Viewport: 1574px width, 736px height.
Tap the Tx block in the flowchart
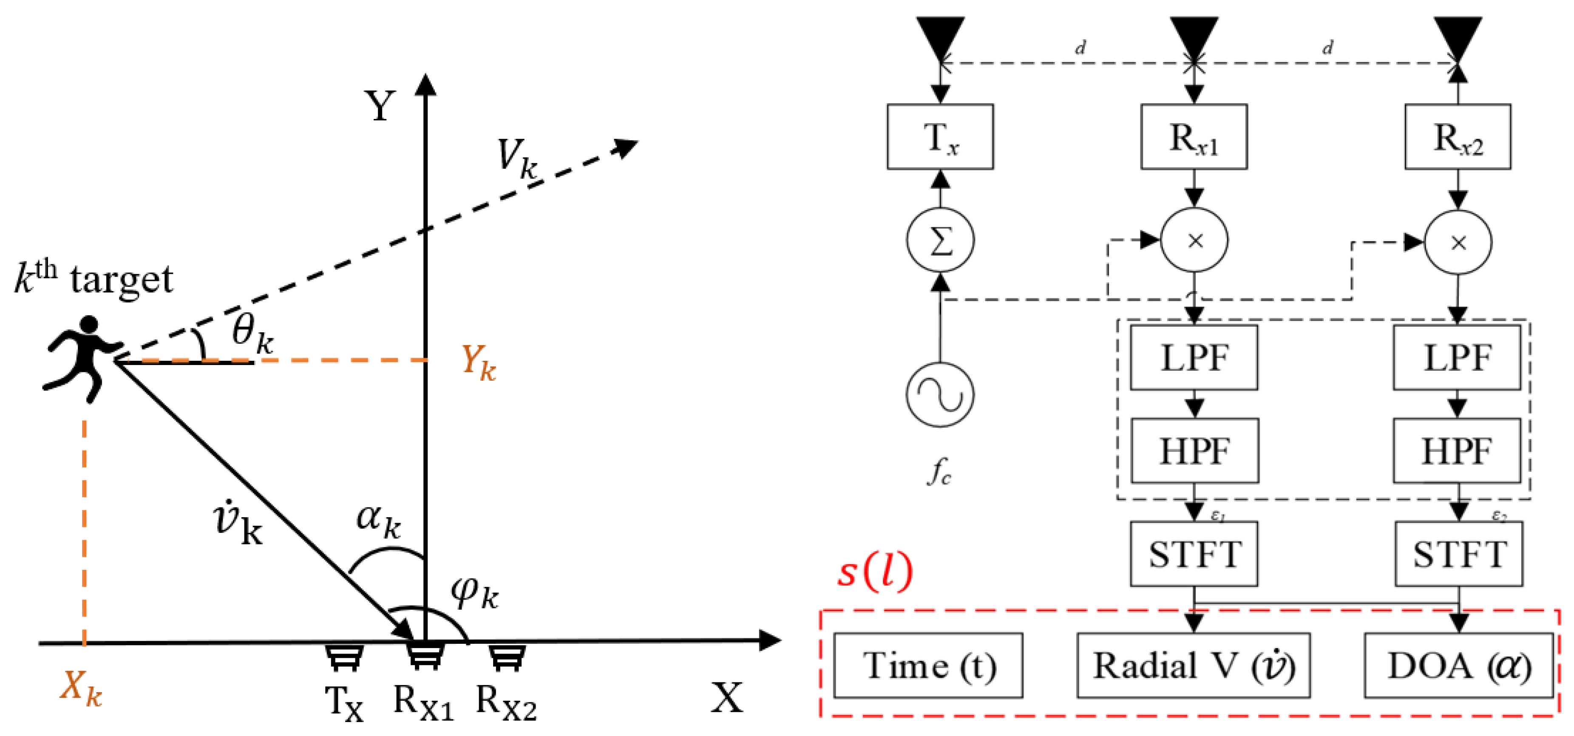coord(940,137)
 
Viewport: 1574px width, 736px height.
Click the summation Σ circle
coord(940,241)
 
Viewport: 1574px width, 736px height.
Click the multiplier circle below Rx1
coord(1194,241)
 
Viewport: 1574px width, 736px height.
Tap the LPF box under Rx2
coord(1457,358)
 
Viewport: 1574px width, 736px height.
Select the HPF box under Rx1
coord(1194,451)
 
